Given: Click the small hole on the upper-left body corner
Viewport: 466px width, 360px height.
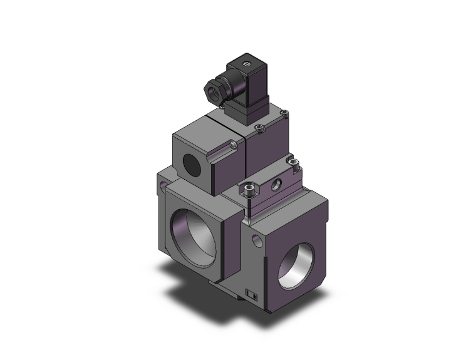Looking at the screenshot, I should pyautogui.click(x=164, y=186).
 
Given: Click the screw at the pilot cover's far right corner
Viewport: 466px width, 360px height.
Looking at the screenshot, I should pyautogui.click(x=285, y=113).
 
